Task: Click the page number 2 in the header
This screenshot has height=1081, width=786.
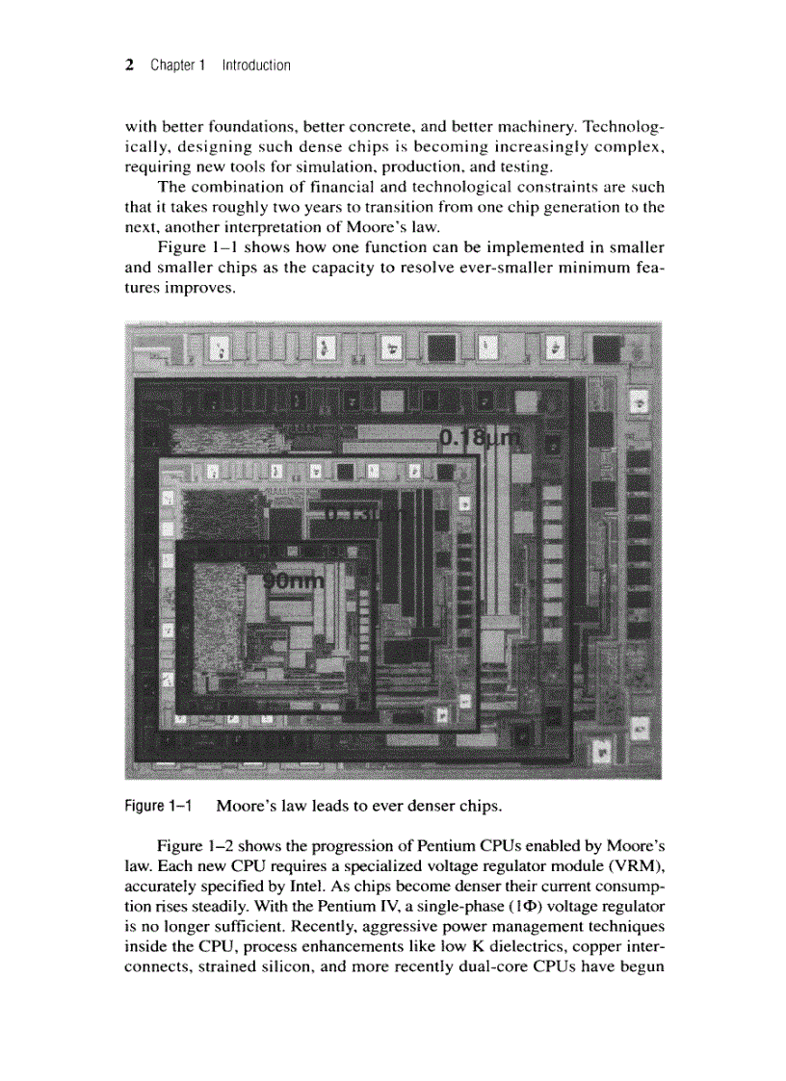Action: (x=129, y=65)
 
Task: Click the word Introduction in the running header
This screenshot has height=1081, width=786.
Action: (x=255, y=65)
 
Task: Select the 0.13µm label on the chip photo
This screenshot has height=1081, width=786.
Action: (x=365, y=515)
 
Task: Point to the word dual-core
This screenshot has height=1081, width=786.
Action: (x=493, y=965)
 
